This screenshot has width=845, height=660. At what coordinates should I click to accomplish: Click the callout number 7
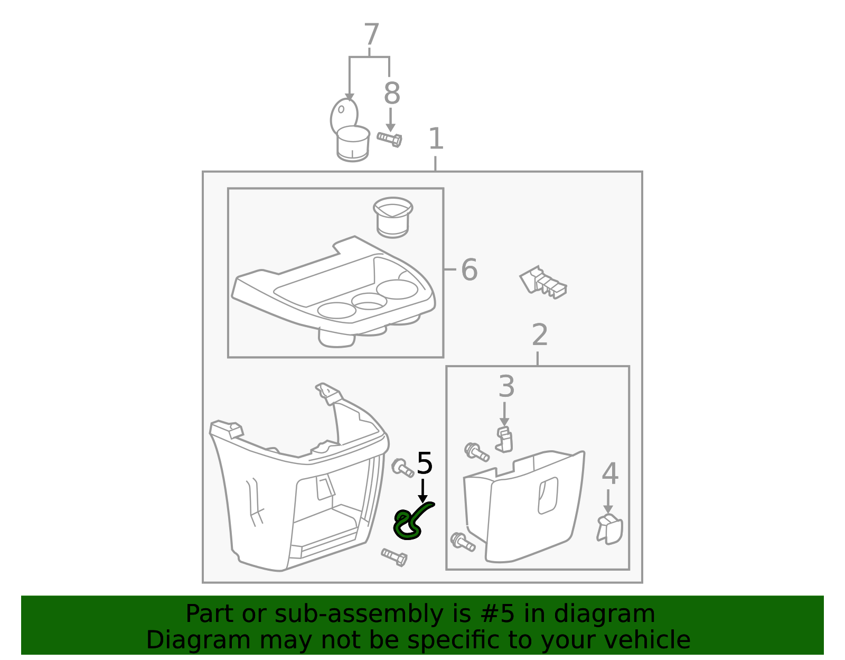[371, 34]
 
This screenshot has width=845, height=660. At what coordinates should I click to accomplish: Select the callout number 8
[391, 93]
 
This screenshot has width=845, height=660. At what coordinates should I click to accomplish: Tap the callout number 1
[436, 138]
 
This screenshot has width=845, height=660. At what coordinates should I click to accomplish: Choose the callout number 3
[506, 386]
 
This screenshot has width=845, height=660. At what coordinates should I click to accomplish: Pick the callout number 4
[610, 473]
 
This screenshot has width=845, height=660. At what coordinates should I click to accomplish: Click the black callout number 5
[424, 463]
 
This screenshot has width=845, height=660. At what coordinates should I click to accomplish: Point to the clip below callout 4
[609, 528]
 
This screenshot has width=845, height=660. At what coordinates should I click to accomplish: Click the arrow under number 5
[422, 491]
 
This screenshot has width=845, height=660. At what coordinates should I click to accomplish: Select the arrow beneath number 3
[504, 414]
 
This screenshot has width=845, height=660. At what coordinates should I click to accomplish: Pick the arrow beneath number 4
[608, 501]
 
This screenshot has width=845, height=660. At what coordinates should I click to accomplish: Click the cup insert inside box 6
[393, 217]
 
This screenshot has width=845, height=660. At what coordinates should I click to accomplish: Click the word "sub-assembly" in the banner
[359, 614]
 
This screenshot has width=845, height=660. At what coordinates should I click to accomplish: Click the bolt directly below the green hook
[395, 557]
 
